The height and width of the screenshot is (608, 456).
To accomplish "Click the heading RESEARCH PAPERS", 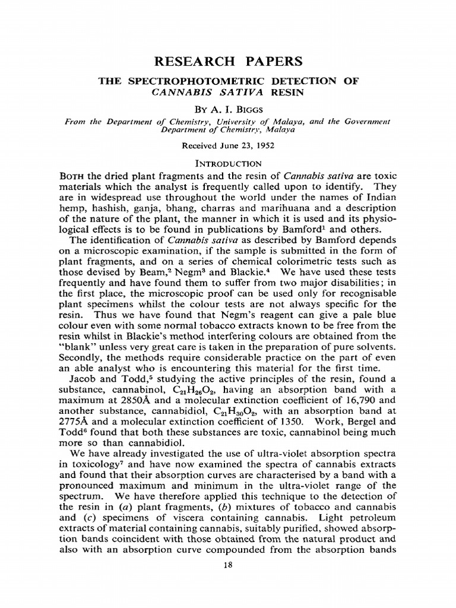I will pos(228,61).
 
